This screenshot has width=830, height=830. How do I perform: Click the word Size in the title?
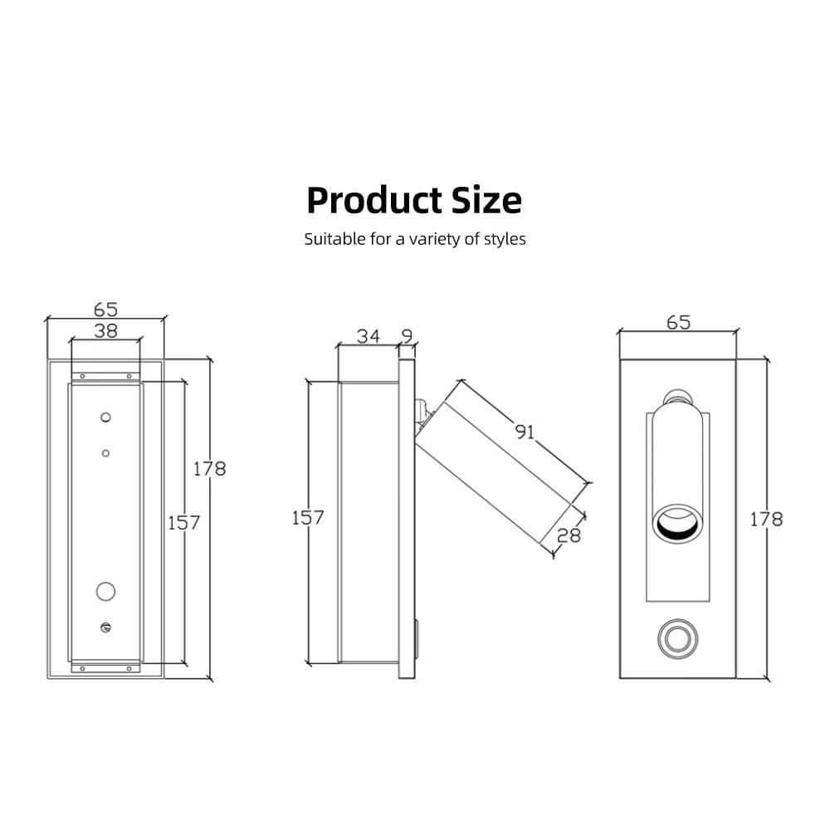coord(486,201)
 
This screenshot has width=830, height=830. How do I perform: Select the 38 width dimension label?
coord(105,330)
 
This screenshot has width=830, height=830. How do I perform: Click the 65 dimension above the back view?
coord(105,310)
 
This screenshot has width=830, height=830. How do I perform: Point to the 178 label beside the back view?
coord(209,469)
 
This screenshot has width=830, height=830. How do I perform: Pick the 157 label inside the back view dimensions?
coord(183,523)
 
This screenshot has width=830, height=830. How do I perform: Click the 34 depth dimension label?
coord(369,336)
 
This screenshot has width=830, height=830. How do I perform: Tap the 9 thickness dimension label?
coord(407,336)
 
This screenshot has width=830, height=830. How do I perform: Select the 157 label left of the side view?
coord(308,518)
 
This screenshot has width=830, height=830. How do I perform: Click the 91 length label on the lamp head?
coord(525,432)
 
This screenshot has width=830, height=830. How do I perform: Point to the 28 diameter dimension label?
coord(569,535)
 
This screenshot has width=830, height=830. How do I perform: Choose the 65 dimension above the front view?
coord(678,323)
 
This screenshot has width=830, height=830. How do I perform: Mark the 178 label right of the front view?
coord(765,520)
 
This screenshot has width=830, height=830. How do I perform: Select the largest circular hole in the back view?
coord(105,591)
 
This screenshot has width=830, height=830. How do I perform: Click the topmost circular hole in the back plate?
coord(105,416)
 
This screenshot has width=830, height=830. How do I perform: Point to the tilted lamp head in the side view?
coord(498,465)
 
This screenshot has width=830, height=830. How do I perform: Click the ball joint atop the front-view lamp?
coord(677,396)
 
